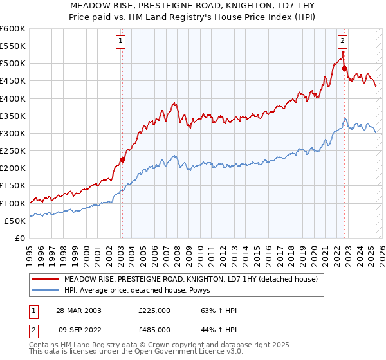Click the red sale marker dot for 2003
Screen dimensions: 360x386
click(x=122, y=159)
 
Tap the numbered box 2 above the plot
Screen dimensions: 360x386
click(x=343, y=41)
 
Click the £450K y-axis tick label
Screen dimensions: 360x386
click(x=13, y=81)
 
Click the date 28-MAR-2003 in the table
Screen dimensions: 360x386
click(x=78, y=311)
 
